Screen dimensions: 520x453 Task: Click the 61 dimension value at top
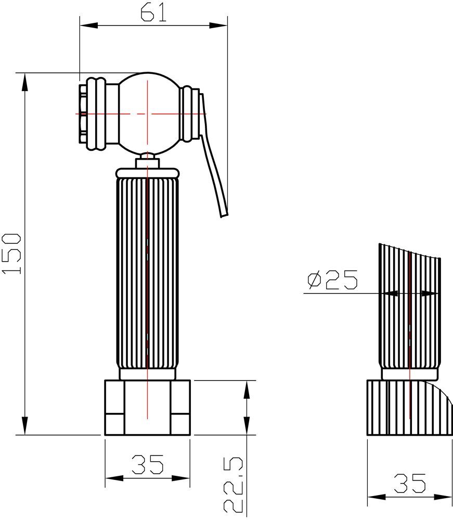[153, 12]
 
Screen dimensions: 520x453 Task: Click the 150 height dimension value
[12, 254]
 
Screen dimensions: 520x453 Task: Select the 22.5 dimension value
[234, 484]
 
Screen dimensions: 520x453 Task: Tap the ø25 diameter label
[332, 281]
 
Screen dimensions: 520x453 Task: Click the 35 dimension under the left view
[147, 464]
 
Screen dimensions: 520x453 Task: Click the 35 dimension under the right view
[409, 484]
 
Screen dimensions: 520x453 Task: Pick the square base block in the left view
[148, 408]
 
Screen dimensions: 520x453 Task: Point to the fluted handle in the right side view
[410, 312]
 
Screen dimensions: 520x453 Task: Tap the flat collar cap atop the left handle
[148, 172]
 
